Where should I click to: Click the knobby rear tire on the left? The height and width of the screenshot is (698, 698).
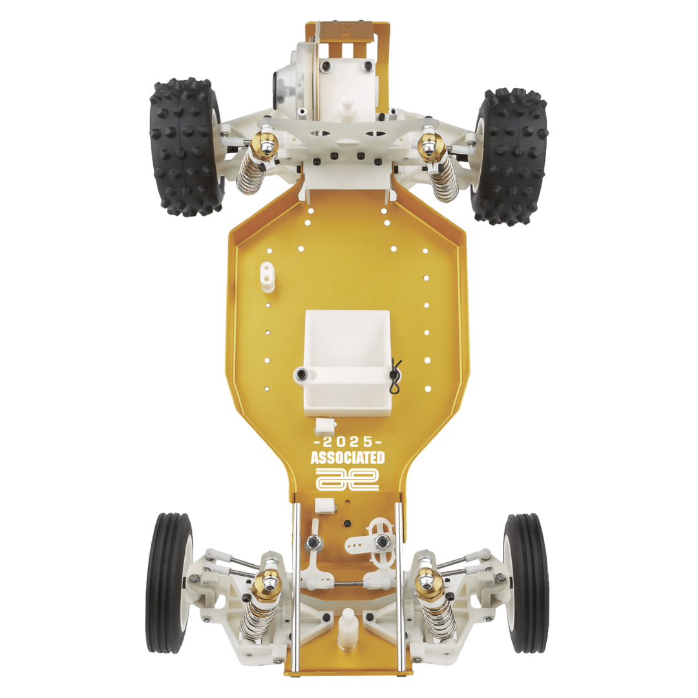186,147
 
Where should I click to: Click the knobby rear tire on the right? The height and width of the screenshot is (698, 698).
511,156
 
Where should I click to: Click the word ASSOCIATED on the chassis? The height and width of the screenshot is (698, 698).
347,458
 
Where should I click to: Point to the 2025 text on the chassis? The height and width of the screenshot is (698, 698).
348,442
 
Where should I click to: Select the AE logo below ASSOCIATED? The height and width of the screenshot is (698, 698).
347,479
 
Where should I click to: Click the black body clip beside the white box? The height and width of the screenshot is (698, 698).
396,377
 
